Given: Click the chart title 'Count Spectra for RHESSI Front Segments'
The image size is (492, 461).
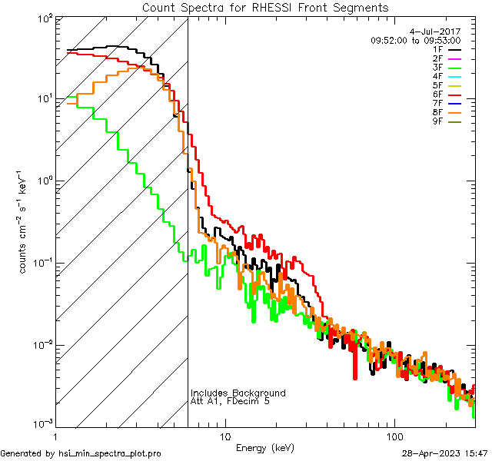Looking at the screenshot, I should pos(265,8).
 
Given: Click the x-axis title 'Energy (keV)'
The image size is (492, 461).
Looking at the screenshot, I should pos(264,447).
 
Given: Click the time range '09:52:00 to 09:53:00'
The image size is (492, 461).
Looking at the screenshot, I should pos(415,40).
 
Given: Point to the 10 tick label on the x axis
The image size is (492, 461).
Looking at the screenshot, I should pos(224,436).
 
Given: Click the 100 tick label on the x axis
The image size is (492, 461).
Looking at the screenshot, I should pos(394,436).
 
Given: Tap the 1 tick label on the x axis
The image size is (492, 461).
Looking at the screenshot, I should pos(55,436).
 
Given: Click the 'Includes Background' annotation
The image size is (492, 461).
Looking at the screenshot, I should pos(238,393).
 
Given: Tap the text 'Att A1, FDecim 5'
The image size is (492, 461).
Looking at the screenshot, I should pos(230,401).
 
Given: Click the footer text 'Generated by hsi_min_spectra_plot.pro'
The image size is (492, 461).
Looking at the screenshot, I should pos(81,453).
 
